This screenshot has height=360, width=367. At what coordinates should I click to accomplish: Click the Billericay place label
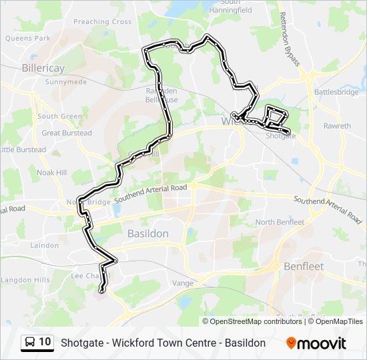(43, 68)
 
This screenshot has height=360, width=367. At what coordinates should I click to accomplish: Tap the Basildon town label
(147, 233)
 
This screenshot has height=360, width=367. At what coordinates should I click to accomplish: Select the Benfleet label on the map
(303, 266)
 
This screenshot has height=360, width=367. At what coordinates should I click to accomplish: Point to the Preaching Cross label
(102, 22)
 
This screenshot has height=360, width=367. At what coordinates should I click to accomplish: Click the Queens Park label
(27, 39)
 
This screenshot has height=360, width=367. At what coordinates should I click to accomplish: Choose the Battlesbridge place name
(336, 93)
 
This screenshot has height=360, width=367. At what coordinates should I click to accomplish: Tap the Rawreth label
(337, 126)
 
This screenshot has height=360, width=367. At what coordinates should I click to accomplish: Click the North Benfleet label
(280, 222)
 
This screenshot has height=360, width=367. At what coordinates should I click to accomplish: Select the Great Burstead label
(66, 133)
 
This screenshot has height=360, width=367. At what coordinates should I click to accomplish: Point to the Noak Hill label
(52, 172)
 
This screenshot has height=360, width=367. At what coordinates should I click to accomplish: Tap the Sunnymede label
(66, 82)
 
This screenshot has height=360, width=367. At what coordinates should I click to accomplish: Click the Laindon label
(45, 245)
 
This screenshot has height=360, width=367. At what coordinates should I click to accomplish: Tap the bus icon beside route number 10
(30, 343)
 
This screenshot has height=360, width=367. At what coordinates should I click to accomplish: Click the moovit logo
(316, 343)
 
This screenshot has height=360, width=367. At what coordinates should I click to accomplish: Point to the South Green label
(59, 116)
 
